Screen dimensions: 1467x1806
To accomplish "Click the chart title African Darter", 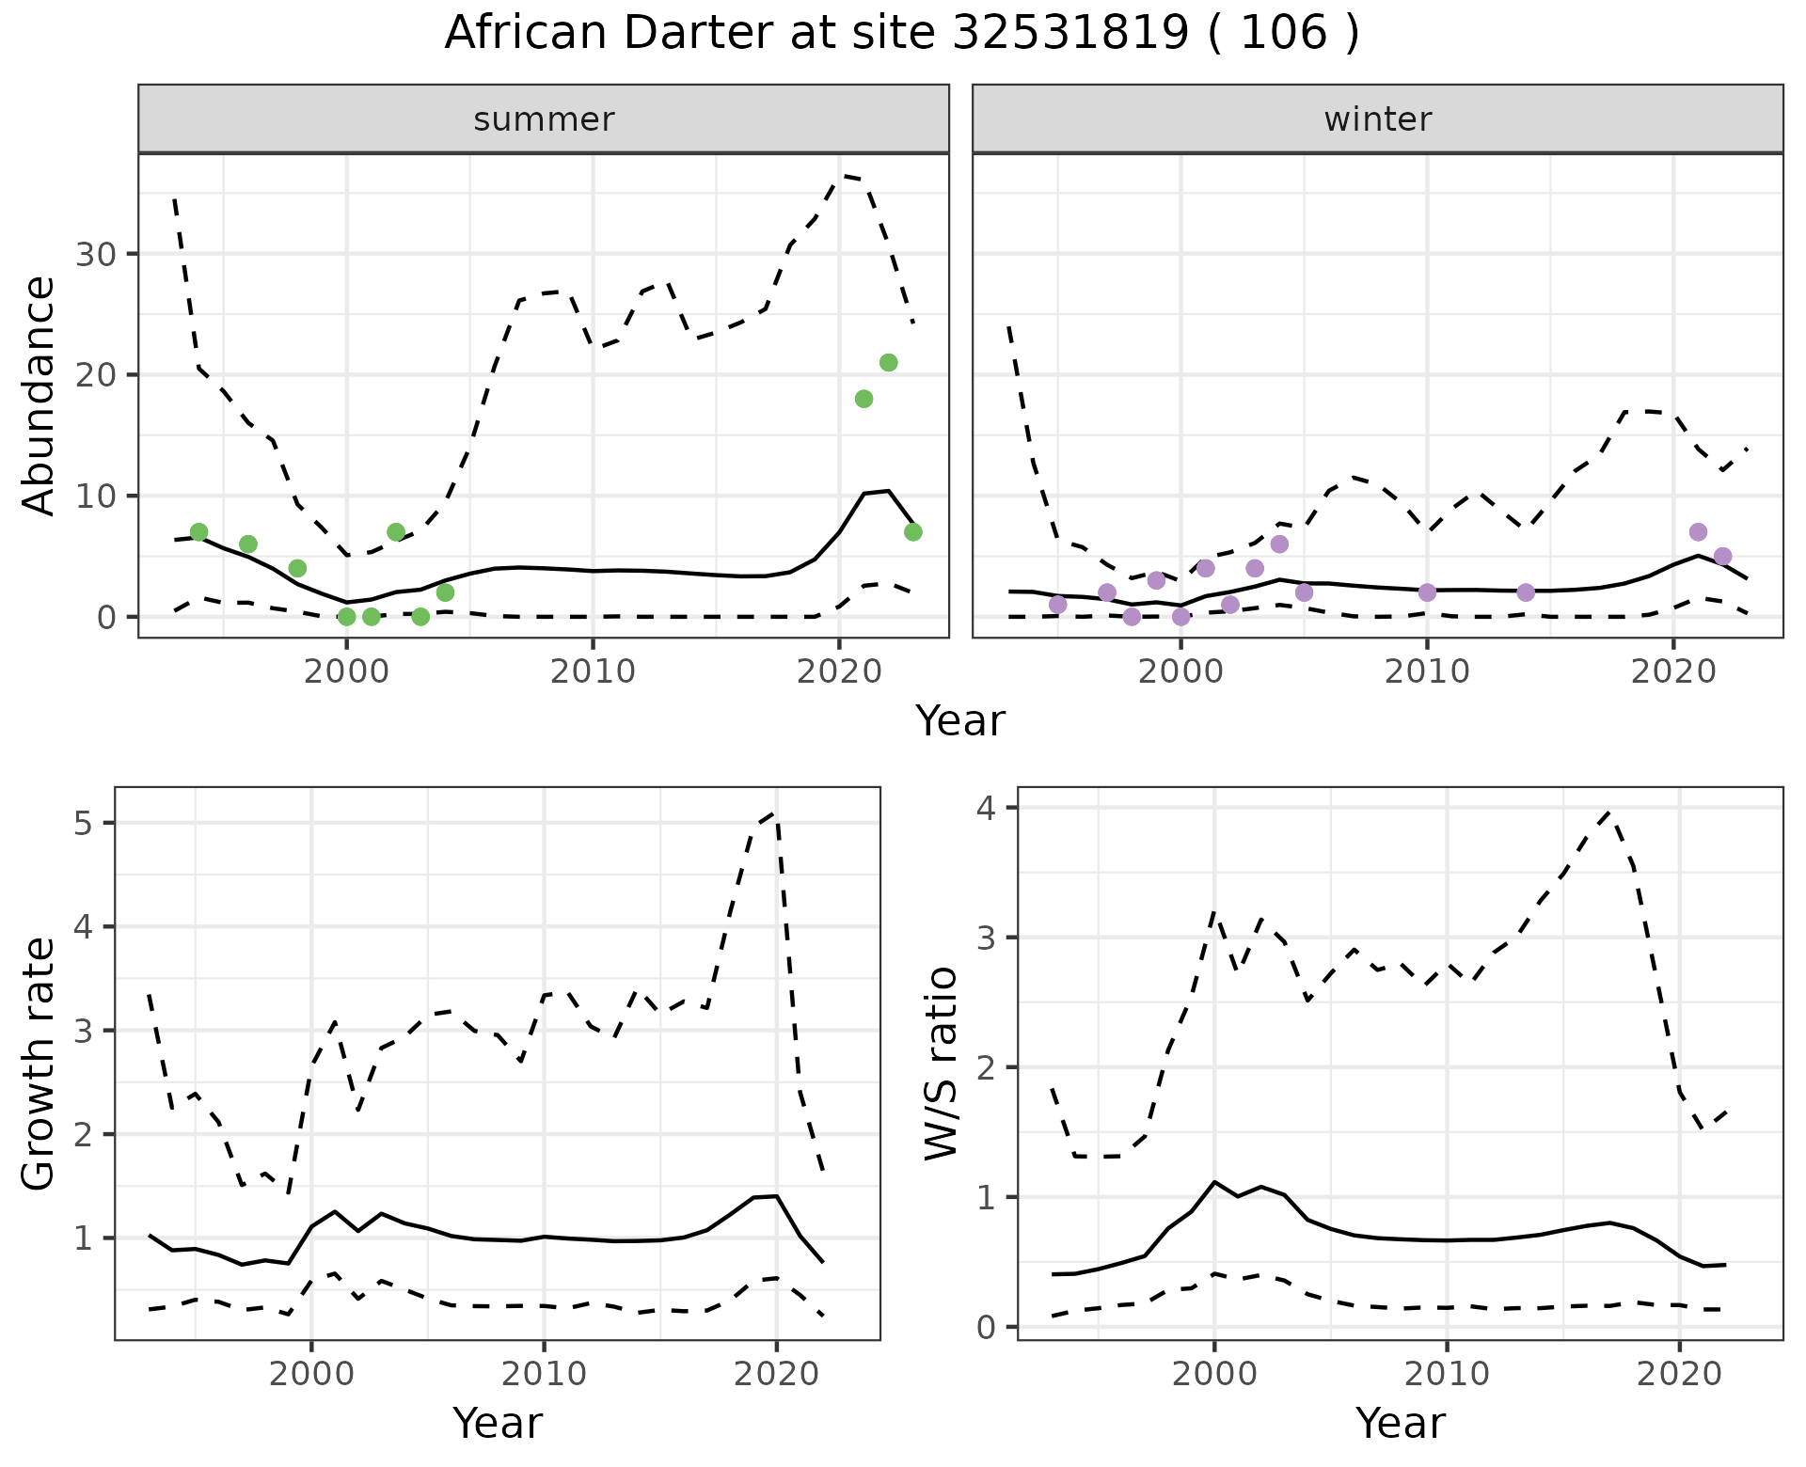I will point(901,34).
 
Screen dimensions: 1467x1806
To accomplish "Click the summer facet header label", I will point(544,119).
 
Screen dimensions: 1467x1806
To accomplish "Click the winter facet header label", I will point(1377,119).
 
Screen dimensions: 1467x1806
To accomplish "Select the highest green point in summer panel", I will point(888,363).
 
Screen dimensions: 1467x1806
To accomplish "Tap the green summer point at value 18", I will point(863,399).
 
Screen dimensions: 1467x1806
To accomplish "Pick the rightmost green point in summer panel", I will point(912,532).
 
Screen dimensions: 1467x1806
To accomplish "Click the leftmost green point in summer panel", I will point(198,532).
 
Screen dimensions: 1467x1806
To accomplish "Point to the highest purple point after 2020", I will point(1698,532).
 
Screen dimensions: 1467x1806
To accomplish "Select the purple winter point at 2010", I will point(1427,592).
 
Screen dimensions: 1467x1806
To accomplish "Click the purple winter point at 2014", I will point(1526,592).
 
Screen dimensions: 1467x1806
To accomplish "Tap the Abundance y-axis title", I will point(40,396).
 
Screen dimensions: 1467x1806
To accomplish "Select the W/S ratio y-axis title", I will point(941,1063).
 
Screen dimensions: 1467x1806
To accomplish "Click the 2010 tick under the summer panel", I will point(593,671).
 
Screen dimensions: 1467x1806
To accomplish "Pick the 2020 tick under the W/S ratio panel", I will point(1679,1375).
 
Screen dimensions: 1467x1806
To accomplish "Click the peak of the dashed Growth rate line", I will point(773,812).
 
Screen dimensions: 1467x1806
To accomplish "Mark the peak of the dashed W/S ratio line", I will point(1608,812).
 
